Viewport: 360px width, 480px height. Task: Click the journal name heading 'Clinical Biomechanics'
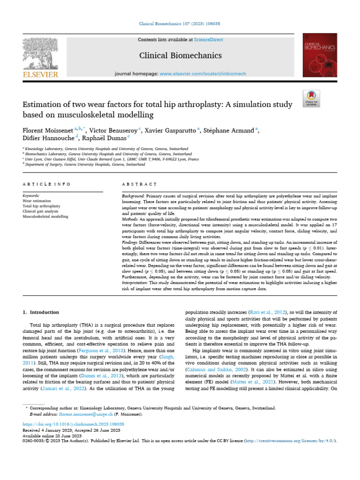point(180,56)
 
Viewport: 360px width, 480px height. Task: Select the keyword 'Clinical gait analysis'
point(44,211)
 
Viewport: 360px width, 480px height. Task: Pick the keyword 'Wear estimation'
point(37,200)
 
